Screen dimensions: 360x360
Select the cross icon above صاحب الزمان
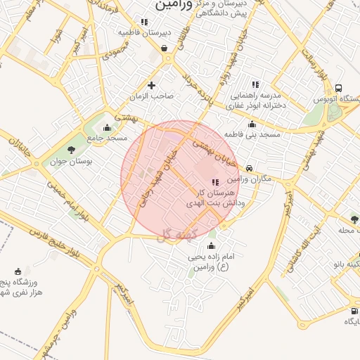click(151, 86)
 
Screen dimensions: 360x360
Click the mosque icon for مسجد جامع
click(107, 127)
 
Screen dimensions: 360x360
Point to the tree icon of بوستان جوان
click(71, 148)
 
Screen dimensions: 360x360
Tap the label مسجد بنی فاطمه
click(252, 133)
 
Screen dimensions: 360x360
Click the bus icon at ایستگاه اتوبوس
click(339, 89)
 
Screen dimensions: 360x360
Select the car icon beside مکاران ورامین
click(250, 168)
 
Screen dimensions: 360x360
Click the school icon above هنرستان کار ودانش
click(214, 182)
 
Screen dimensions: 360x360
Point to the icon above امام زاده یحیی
click(211, 246)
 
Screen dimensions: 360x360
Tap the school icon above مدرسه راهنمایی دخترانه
click(255, 84)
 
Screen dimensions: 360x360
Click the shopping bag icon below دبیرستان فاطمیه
click(165, 49)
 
